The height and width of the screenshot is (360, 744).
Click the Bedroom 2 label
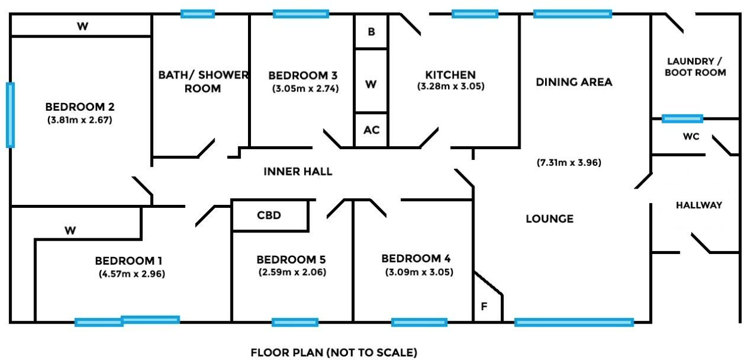(80, 107)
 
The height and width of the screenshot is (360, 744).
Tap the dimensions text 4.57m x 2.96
(132, 274)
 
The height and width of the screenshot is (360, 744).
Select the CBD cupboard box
(270, 215)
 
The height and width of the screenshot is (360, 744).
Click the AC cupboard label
(371, 130)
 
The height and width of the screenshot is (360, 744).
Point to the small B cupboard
(371, 32)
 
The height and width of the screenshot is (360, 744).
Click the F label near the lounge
(484, 306)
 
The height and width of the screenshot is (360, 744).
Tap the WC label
(691, 137)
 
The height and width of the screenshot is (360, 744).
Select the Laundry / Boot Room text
(695, 66)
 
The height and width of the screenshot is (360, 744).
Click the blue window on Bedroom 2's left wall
(10, 115)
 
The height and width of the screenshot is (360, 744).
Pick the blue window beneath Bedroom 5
(295, 322)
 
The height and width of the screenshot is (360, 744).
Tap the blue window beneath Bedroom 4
(419, 322)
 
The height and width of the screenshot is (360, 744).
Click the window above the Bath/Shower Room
(198, 14)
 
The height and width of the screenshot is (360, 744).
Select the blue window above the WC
(682, 119)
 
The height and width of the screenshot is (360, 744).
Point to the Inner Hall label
(298, 171)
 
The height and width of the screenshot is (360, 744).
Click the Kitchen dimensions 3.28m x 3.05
(450, 86)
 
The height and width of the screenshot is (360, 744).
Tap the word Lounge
(550, 219)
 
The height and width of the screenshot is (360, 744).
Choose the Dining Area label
(574, 82)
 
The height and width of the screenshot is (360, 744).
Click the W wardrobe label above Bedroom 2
(83, 26)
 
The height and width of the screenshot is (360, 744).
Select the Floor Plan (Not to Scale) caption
(334, 352)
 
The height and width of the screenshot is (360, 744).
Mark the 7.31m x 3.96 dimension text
(569, 163)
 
